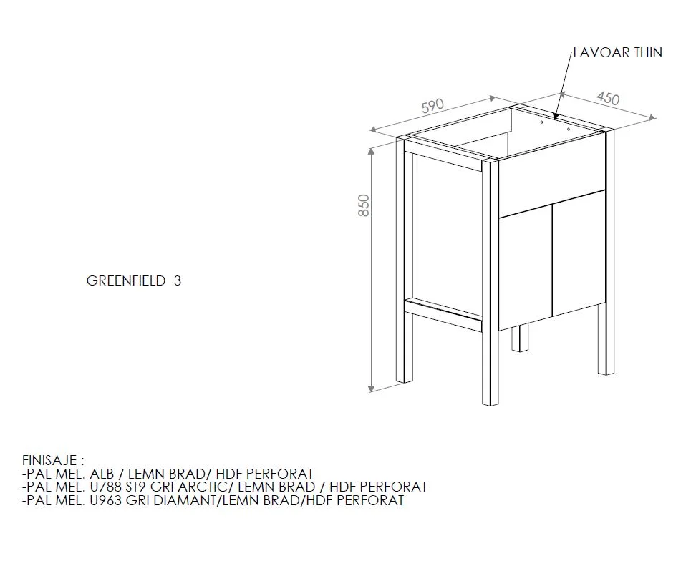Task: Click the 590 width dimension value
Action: point(432,107)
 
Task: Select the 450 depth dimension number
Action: point(608,99)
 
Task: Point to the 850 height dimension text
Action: point(364,205)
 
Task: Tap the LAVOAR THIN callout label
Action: point(617,53)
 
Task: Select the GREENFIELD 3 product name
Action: point(134,280)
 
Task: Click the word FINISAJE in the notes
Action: point(49,459)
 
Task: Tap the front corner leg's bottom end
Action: point(490,404)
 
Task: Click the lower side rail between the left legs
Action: point(443,314)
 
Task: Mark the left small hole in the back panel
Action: point(541,122)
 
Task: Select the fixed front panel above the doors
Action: point(552,182)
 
